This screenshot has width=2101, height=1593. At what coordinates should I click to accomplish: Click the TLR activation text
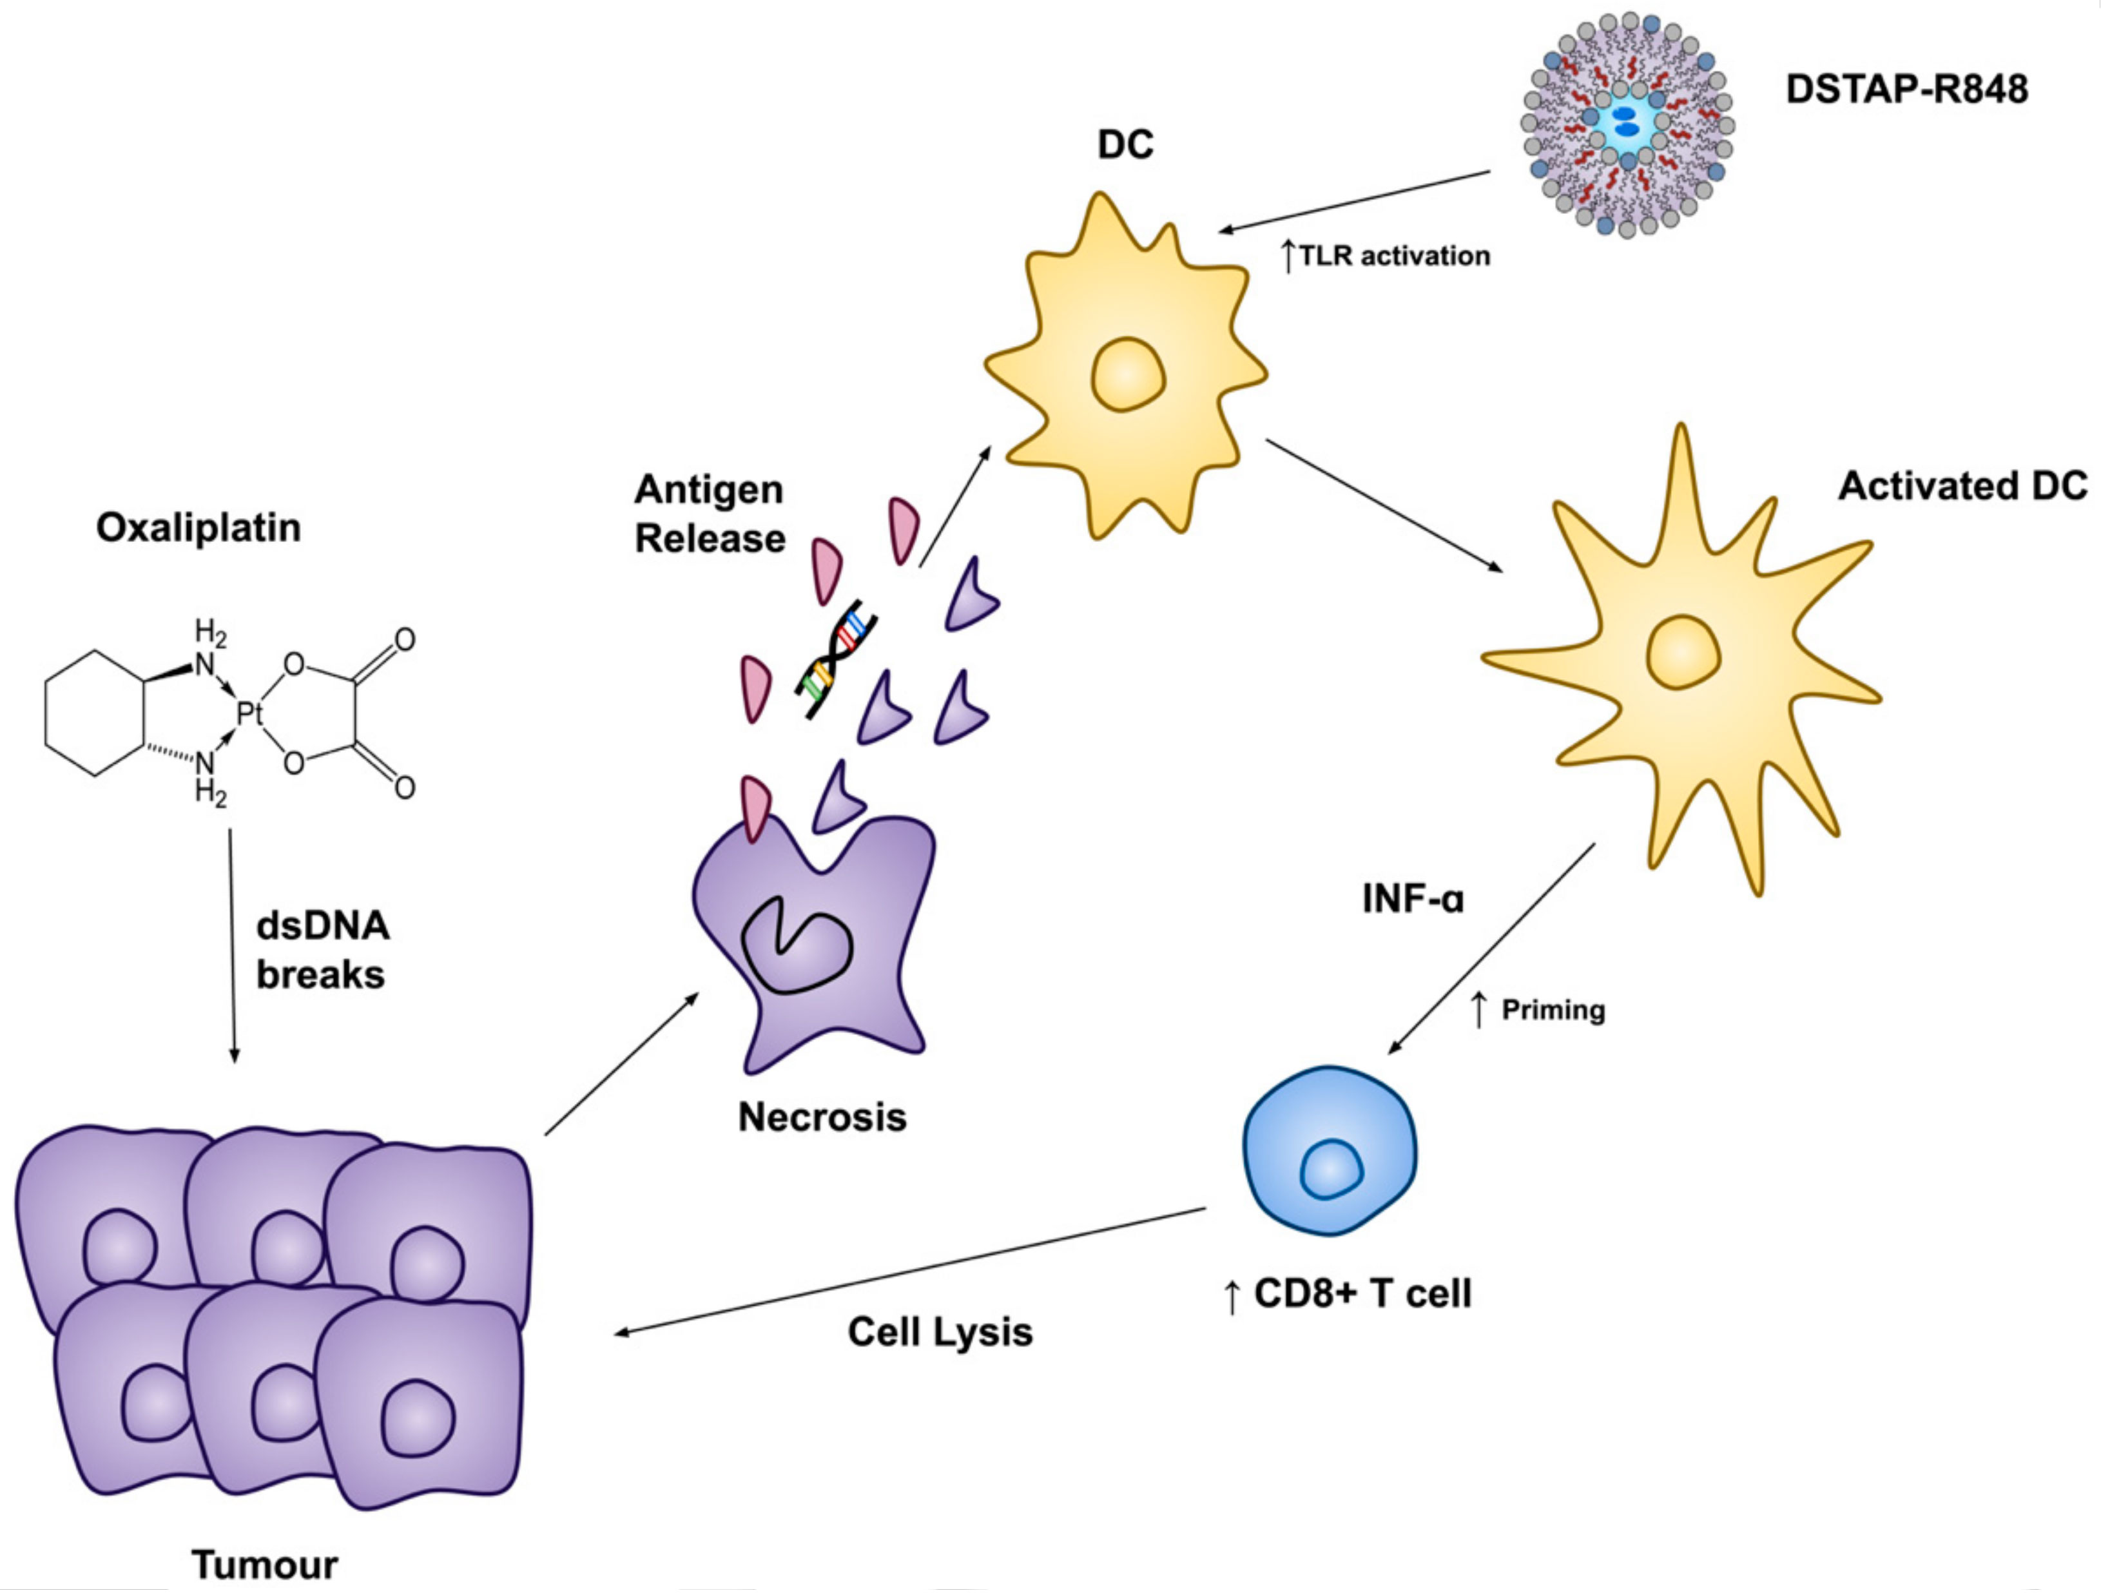coord(1393,256)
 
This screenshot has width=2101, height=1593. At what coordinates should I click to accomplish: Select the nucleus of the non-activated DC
coord(1127,374)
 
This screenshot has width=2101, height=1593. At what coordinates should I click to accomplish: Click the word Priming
coord(1553,1010)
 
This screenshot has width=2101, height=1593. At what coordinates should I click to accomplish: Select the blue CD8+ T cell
coord(1330,1150)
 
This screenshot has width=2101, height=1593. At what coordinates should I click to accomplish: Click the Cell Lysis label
coord(940,1332)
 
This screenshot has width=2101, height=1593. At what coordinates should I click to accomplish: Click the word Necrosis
coord(822,1117)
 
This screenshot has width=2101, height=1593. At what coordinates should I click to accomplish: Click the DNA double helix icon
coord(836,659)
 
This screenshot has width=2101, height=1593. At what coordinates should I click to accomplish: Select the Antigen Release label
coord(710,514)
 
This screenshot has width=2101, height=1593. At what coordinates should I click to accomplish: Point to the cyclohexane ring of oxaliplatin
coord(95,713)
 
